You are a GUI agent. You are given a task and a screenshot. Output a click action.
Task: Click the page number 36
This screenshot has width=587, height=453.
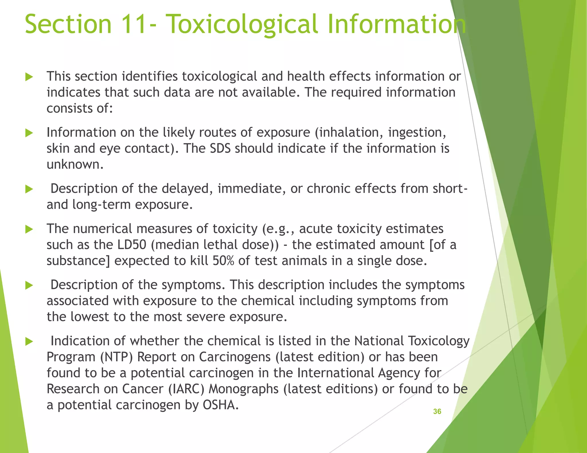tap(437, 411)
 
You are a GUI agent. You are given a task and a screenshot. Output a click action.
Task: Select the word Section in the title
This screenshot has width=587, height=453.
tap(68, 24)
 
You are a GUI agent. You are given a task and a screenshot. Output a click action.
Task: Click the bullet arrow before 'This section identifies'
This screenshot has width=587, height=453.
tap(29, 77)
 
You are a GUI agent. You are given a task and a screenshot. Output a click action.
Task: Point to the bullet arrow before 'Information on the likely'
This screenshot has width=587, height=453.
tap(29, 133)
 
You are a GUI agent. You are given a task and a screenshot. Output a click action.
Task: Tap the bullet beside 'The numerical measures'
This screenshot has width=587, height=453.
tap(29, 229)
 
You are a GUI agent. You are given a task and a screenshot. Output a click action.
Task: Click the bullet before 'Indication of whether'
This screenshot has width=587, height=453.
tap(29, 341)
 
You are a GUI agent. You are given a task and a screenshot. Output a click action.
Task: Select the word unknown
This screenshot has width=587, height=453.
tap(75, 165)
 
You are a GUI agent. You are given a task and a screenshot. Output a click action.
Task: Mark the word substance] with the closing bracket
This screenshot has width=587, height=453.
tap(78, 261)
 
